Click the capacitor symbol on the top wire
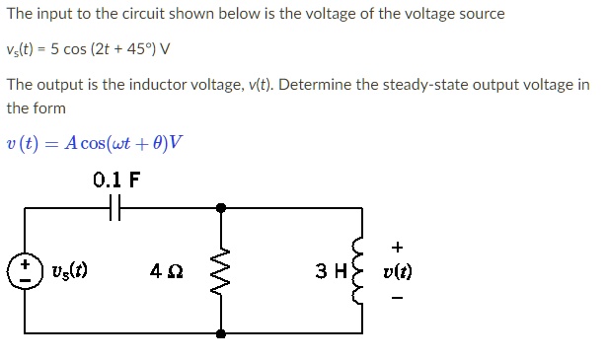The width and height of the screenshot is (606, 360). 116,207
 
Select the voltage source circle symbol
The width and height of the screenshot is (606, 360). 25,268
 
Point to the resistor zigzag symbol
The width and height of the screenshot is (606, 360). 220,268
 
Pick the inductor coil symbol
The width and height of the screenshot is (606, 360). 361,269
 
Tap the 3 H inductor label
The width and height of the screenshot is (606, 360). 331,269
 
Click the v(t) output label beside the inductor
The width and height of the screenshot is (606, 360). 399,269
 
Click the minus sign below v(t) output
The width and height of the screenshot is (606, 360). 398,295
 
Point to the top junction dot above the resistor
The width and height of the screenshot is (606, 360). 220,207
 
